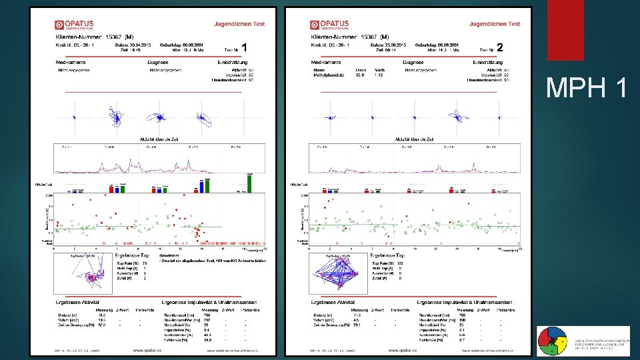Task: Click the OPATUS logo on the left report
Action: point(74,25)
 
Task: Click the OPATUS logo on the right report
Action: point(330,25)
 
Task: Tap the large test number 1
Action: point(246,47)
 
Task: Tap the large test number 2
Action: point(500,47)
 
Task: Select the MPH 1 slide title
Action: point(586,87)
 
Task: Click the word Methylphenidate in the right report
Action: point(329,75)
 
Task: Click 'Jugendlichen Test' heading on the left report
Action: point(239,24)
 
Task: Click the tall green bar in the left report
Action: point(250,183)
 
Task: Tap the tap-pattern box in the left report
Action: point(87,274)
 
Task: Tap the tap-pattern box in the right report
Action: point(340,274)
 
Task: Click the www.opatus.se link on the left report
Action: point(150,349)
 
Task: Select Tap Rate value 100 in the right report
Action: point(400,264)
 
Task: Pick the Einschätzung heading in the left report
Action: point(233,62)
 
